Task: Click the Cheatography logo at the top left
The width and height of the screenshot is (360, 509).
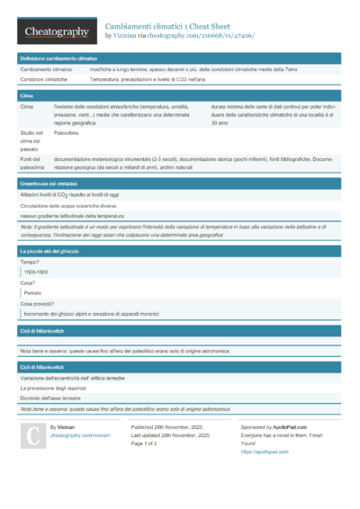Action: [55, 31]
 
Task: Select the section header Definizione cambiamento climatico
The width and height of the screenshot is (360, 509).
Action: [58, 58]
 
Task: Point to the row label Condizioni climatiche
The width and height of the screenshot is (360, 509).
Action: [45, 80]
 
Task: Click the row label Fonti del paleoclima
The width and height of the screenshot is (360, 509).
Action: [32, 163]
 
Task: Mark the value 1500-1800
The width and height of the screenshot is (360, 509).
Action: [38, 271]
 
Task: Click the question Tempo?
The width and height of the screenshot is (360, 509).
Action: [30, 261]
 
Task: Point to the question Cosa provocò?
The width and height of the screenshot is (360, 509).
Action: [39, 304]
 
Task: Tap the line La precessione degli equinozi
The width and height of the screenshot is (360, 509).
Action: [60, 387]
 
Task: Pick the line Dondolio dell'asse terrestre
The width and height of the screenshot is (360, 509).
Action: [57, 397]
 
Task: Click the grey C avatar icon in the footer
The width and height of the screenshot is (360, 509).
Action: [33, 436]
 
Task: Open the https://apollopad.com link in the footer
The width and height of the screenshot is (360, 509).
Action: [258, 451]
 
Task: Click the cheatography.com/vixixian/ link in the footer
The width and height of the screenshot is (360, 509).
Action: [80, 434]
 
